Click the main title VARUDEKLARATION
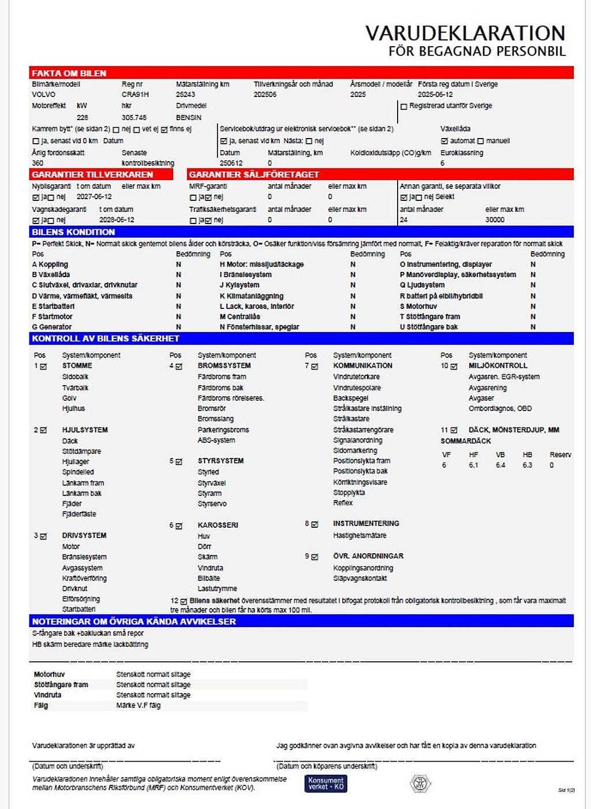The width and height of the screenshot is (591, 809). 465,33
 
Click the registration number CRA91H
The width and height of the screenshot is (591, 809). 135,95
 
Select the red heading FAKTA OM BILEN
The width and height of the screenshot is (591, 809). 69,73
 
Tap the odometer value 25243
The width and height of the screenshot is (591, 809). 185,95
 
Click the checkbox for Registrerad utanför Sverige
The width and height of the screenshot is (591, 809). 404,107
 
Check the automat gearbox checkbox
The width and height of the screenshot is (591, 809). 444,141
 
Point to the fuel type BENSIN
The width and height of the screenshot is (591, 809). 189,117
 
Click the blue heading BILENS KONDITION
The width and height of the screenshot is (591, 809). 73,232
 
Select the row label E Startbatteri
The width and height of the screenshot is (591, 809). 53,306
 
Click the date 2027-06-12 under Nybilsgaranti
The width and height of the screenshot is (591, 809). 94,197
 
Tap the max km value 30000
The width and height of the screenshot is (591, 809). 495,220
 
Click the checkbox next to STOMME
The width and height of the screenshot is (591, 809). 43,366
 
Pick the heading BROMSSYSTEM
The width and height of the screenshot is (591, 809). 224,366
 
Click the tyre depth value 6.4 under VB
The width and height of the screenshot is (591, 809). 500,465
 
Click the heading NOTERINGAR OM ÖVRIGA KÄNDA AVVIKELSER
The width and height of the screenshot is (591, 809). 134,621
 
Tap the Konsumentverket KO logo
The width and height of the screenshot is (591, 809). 326,783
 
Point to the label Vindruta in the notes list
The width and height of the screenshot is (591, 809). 47,695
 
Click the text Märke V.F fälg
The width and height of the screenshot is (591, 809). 139,705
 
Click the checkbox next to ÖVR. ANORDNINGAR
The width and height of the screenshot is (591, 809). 315,557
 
